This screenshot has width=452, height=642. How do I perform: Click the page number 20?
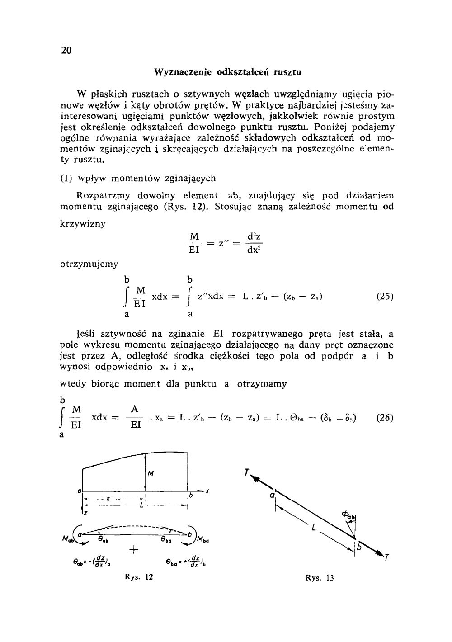click(66, 51)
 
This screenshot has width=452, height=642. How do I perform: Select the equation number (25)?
click(385, 297)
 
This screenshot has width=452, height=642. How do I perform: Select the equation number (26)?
click(385, 418)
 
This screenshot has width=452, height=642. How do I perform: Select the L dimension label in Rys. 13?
click(312, 527)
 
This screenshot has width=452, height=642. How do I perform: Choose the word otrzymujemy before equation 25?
click(89, 264)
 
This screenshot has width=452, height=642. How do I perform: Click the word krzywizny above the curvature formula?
click(83, 224)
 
